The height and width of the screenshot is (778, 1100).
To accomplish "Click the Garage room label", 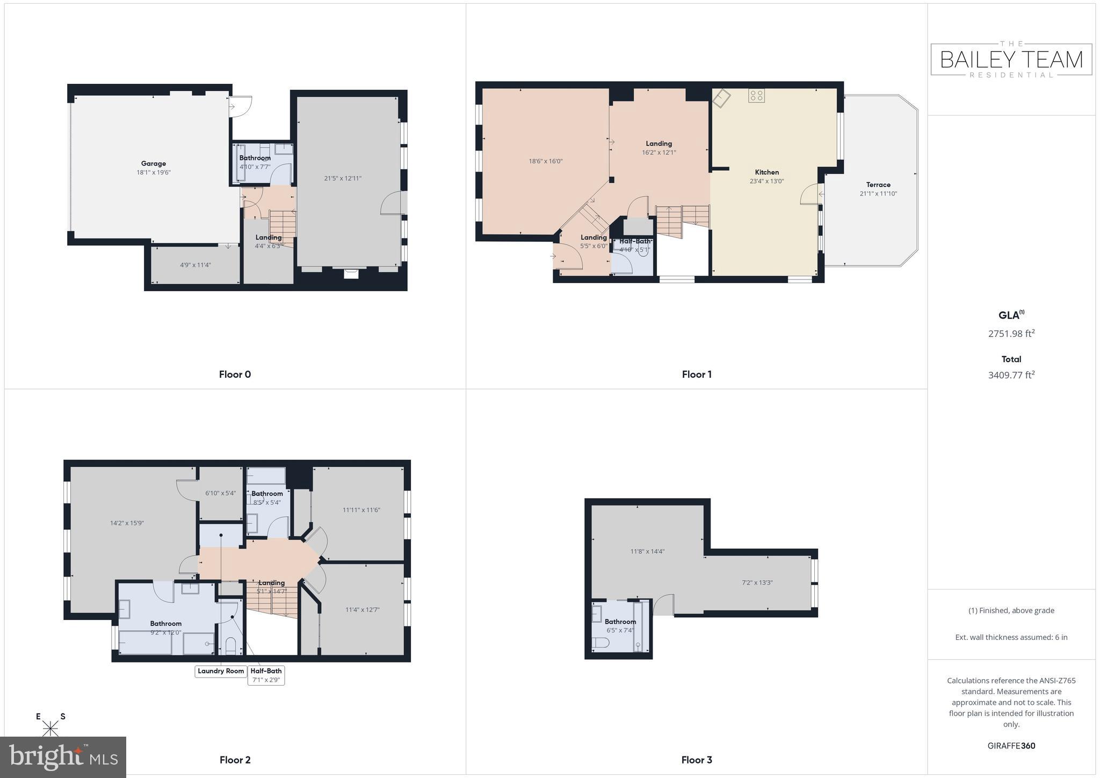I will click(x=153, y=163).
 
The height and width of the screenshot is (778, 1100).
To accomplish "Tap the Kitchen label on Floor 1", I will click(x=766, y=172).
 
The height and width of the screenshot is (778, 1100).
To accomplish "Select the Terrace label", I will click(x=878, y=184).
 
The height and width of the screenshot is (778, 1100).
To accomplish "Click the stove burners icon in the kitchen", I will click(x=756, y=96).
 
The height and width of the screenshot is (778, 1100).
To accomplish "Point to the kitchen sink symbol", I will click(x=721, y=98).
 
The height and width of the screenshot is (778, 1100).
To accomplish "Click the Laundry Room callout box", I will click(x=221, y=671).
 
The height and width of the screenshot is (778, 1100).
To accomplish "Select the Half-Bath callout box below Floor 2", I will click(x=266, y=675).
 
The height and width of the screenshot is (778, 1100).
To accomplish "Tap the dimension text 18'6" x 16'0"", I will click(x=545, y=161).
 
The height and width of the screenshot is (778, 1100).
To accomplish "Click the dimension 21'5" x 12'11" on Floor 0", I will click(x=343, y=178).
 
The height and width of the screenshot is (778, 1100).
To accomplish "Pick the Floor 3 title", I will click(x=696, y=759).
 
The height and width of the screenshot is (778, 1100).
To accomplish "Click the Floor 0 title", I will click(x=235, y=374).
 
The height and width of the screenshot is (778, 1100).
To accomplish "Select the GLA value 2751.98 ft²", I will click(x=1011, y=334).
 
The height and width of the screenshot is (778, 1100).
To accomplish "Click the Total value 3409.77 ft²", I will click(x=1011, y=375).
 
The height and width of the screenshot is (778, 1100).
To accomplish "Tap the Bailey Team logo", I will click(x=1011, y=59).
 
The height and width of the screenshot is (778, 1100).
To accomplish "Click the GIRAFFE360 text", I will click(x=1011, y=745).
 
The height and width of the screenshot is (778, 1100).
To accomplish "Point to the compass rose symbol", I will click(x=50, y=727).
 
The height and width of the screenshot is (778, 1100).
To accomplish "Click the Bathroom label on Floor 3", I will click(x=620, y=621).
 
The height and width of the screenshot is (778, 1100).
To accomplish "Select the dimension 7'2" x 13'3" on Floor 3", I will click(x=757, y=582).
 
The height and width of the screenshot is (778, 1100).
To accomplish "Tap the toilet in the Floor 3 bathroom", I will click(x=599, y=643).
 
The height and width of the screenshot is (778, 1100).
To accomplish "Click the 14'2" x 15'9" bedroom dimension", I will click(x=127, y=523).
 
